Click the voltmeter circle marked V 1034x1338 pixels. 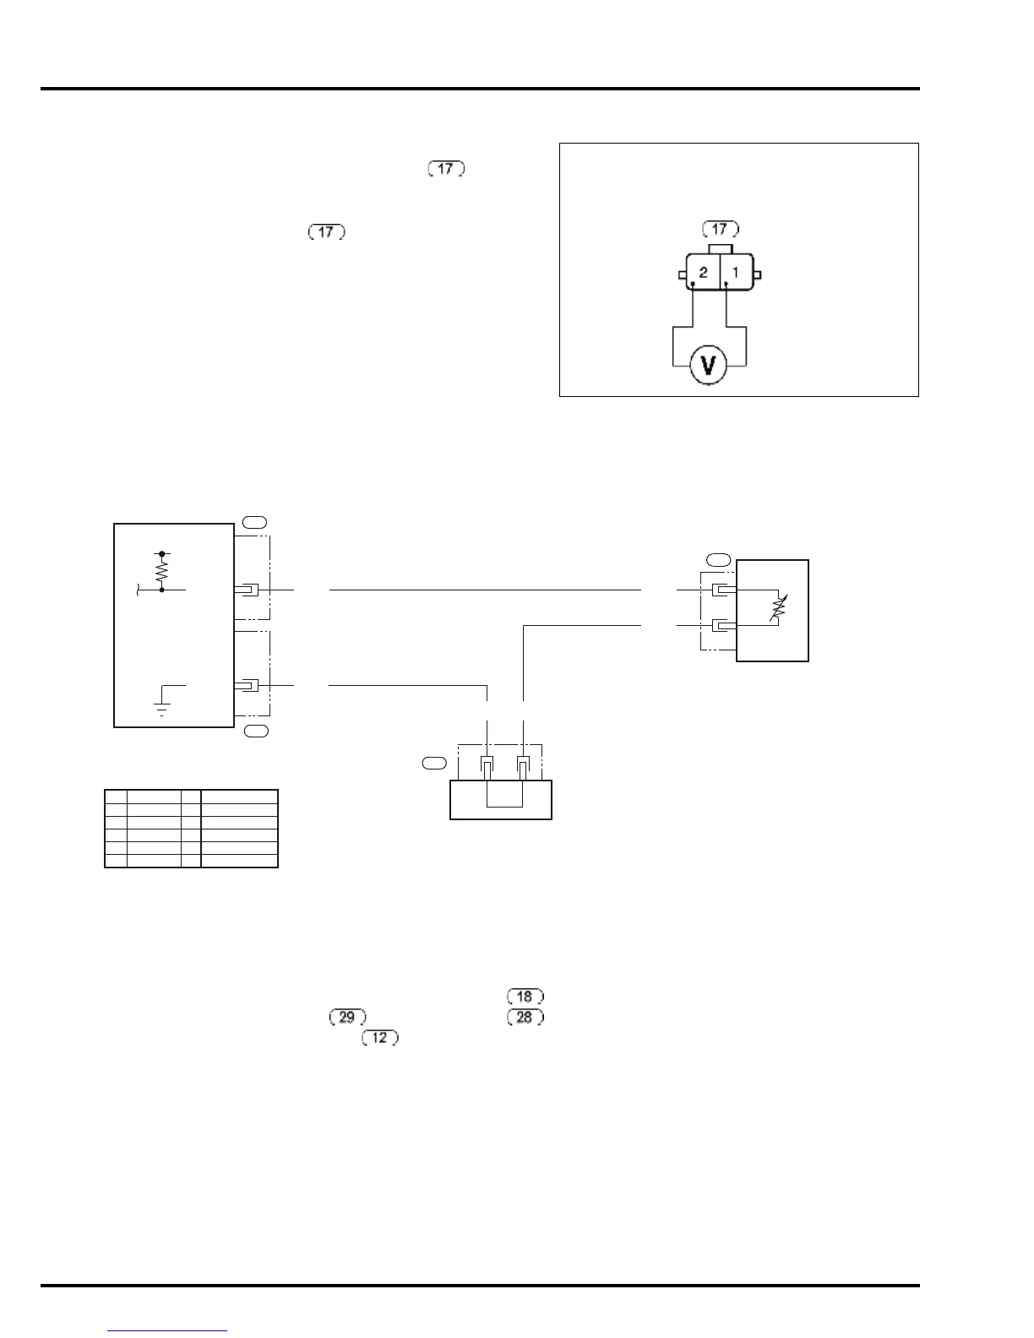point(709,365)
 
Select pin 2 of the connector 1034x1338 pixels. point(703,273)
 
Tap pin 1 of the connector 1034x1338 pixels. point(736,273)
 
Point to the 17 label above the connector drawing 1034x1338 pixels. point(720,229)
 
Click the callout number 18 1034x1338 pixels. point(525,997)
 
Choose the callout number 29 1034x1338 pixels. point(346,1017)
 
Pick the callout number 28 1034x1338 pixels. point(525,1017)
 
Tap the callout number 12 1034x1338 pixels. point(380,1037)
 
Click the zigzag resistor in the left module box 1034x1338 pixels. point(161,572)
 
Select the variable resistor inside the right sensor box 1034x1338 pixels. point(777,608)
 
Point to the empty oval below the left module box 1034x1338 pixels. point(256,731)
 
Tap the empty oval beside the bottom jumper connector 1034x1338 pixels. point(433,764)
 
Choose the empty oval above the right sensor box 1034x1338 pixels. point(719,558)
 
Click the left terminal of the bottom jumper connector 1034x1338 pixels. point(487,768)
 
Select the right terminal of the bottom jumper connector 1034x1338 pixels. point(523,768)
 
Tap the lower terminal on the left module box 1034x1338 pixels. point(248,685)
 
